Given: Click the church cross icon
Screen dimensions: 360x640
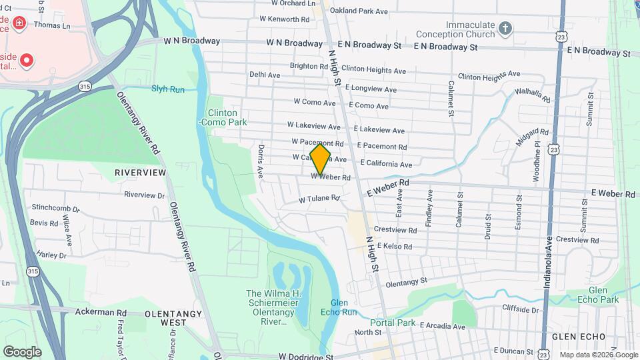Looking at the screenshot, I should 505,28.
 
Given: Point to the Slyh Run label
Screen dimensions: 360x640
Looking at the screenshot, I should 167,89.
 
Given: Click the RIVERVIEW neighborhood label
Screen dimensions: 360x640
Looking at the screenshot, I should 140,173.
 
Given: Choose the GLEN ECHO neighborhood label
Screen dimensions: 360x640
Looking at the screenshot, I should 579,337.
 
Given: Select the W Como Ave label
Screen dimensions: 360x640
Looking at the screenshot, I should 314,103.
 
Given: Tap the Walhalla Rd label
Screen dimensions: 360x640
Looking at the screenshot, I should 533,96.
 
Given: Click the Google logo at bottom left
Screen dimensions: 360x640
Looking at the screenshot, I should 22,351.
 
